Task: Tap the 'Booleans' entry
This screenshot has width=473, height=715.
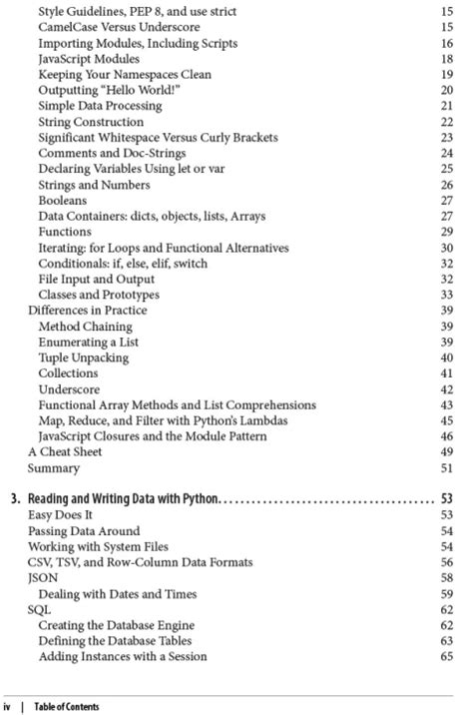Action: coord(64,200)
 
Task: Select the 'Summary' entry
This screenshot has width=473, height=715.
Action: coord(53,467)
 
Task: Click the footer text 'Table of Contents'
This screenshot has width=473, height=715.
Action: coord(67,707)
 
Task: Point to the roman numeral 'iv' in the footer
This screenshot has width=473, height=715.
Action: coord(9,707)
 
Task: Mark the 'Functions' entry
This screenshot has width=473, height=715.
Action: coord(66,232)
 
